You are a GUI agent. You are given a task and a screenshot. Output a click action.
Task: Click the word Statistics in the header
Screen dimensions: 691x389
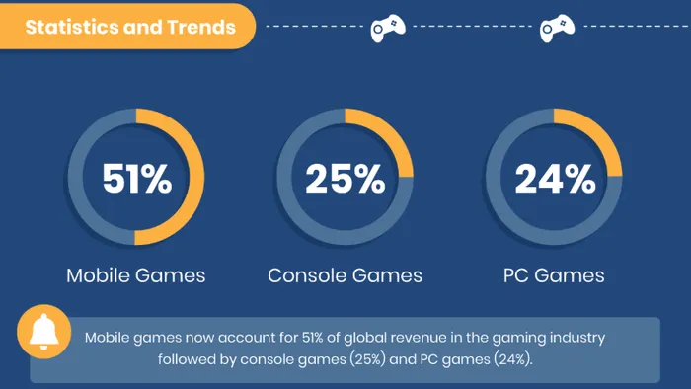point(72,27)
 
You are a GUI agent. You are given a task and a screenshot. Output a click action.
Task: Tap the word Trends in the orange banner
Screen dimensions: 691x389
point(201,27)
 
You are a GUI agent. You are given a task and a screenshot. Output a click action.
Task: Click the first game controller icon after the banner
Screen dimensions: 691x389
point(388,29)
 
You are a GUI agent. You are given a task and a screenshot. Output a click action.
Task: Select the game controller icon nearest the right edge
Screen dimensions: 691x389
point(557,29)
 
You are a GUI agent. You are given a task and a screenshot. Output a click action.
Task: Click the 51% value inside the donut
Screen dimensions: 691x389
point(136,179)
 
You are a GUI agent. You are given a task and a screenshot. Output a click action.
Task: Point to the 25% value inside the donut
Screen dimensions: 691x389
point(345,179)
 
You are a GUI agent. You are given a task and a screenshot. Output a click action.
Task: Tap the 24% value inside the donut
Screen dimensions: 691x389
point(555,179)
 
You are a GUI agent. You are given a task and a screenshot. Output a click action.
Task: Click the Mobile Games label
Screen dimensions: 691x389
point(136,275)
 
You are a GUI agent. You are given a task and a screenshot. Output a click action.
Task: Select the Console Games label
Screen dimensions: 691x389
point(345,275)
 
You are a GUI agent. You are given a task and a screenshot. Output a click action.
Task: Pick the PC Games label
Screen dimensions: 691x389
point(554,275)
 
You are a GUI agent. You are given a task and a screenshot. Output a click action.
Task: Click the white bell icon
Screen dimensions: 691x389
point(43,332)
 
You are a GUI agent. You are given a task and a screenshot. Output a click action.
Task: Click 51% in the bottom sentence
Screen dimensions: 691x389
point(313,338)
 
